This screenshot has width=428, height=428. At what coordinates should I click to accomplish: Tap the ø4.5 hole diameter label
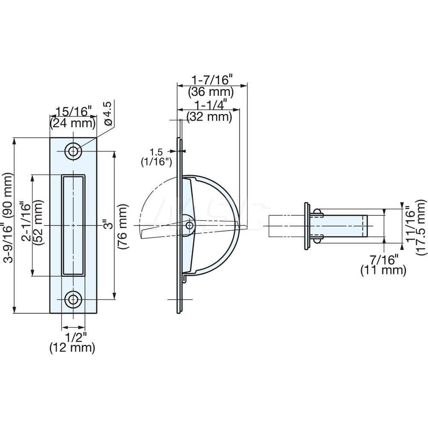coord(108,113)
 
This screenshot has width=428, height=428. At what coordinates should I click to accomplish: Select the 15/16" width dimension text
coord(72,113)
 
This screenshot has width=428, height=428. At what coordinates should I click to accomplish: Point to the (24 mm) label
coord(72,124)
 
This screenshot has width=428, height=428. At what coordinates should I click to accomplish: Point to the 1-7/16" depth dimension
coord(211,80)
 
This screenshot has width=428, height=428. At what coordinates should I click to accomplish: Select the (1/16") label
coord(157,161)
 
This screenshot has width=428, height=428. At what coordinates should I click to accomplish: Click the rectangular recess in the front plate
coord(73,225)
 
